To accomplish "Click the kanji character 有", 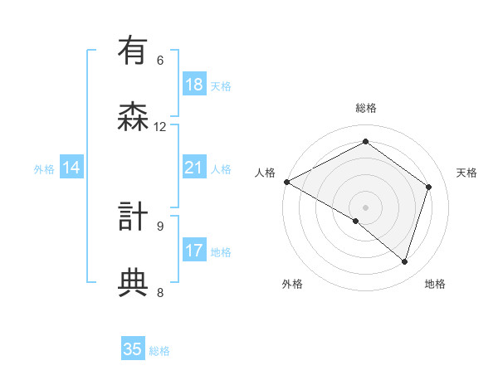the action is pos(133,51).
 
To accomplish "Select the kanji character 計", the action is pos(133,217).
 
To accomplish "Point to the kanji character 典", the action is pos(133,283).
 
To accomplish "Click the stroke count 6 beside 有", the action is pos(160,60).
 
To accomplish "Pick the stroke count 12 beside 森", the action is pos(160,126).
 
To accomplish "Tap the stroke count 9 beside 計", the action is pos(160,225).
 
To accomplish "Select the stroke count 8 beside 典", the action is pos(160,291).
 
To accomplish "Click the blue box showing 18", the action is pos(193,85).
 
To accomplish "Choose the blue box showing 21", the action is pos(193,168).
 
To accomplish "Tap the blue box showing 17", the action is pos(193,250).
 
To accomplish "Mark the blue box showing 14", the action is pos(71,168).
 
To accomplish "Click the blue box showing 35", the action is pos(133,349).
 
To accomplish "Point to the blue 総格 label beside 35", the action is pos(159,351).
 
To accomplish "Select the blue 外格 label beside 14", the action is pos(44,169).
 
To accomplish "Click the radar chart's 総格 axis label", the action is pos(365,108).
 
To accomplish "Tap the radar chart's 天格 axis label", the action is pos(467,173).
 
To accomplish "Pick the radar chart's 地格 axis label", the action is pos(435,284).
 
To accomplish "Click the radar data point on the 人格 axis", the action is pos(286,182).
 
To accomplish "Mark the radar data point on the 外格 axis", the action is pos(356,221).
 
